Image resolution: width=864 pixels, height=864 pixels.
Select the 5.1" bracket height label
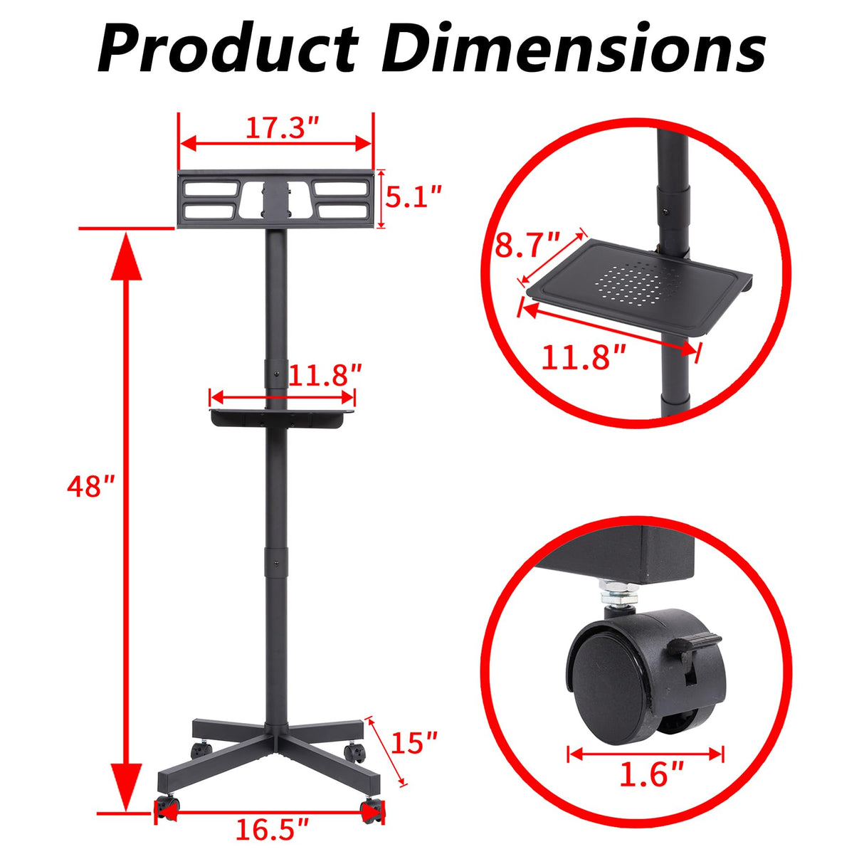413,196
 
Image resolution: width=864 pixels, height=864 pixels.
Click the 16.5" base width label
272,830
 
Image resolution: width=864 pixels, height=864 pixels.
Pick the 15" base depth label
415,744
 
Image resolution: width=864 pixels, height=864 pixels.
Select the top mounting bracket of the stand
275,199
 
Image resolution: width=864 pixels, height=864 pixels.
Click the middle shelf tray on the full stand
282,417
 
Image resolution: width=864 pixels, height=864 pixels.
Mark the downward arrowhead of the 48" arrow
126,786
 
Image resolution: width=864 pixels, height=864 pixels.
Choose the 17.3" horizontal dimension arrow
275,144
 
